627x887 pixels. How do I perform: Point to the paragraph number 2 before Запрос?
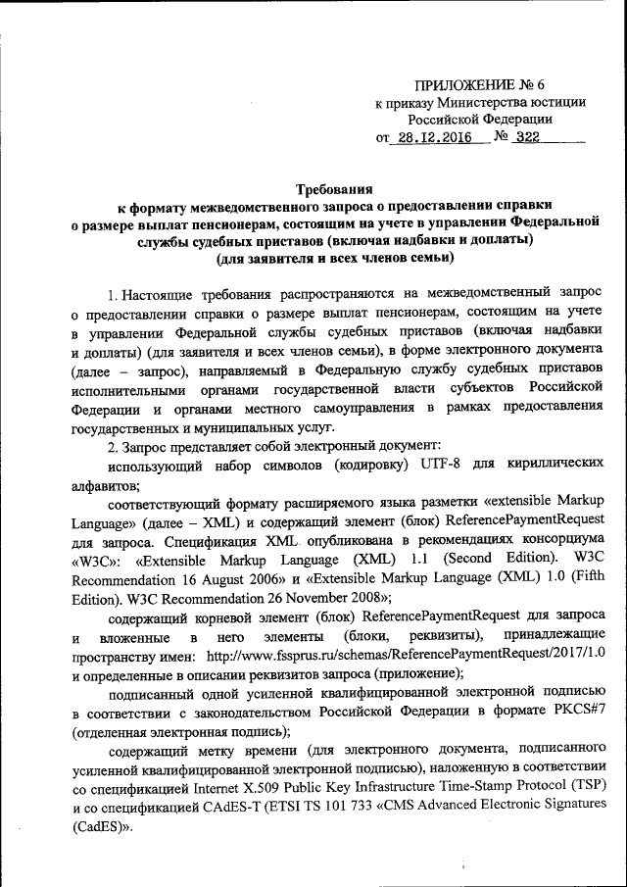tap(113, 446)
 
